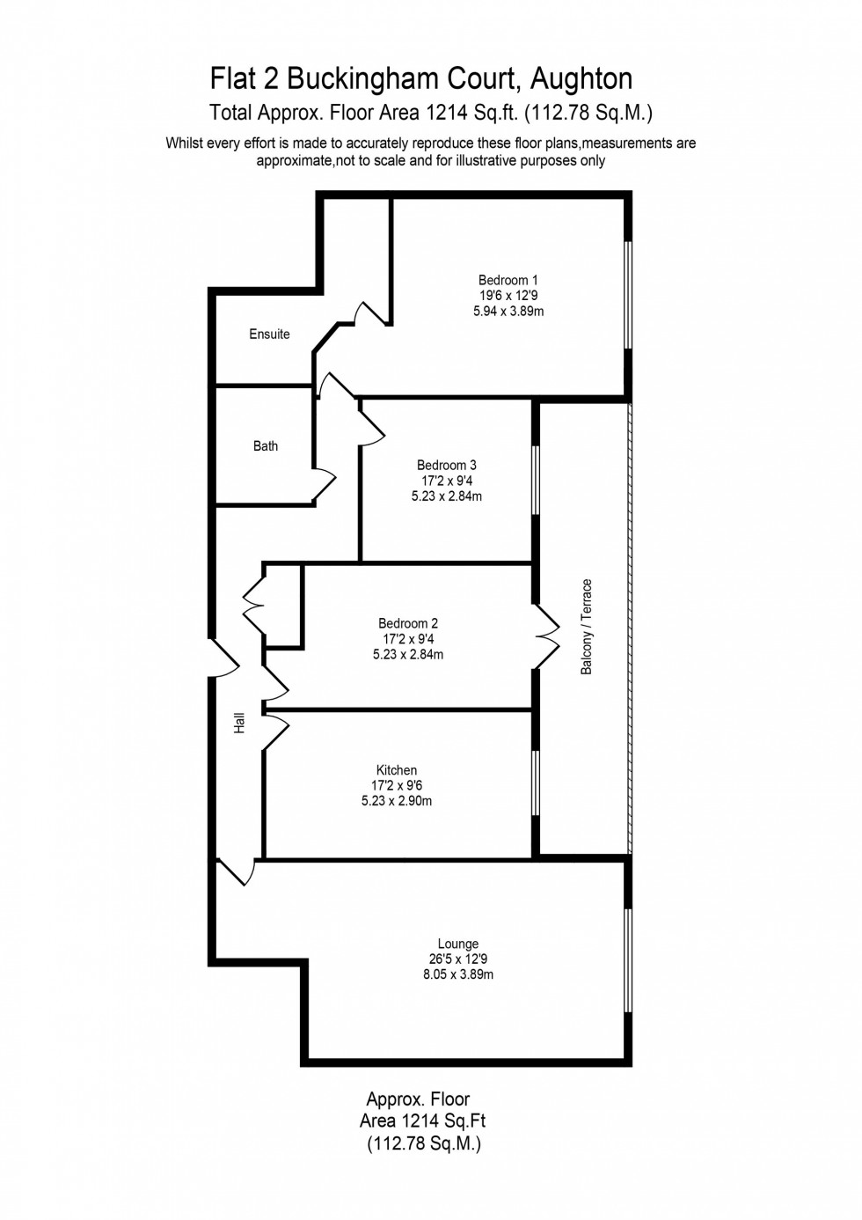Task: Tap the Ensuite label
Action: tap(269, 334)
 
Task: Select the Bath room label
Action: tap(266, 446)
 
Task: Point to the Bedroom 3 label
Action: tap(447, 466)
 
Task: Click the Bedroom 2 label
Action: tap(408, 624)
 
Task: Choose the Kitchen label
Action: tap(396, 770)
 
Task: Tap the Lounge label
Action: tap(458, 944)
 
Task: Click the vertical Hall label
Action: tap(239, 724)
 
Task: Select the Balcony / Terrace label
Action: tap(587, 627)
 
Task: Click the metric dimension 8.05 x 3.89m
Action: tap(458, 975)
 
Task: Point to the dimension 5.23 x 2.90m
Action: tap(397, 802)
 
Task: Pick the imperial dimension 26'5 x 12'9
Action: tap(458, 959)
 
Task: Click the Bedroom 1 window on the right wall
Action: tap(628, 294)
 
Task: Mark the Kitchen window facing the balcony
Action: tap(535, 783)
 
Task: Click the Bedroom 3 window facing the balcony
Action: tap(535, 480)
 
